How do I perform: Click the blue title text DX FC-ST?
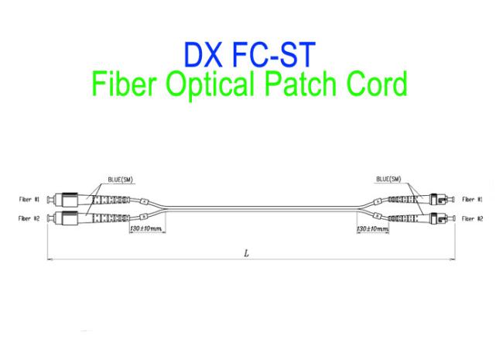250,54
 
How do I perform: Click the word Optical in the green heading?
210,84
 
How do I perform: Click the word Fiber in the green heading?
124,84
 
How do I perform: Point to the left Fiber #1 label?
29,200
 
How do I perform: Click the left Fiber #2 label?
29,218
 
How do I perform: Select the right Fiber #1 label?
472,200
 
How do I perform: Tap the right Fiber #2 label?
472,219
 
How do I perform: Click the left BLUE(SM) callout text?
120,180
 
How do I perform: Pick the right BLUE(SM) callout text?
388,179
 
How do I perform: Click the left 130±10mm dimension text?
146,228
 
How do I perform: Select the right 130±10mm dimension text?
372,228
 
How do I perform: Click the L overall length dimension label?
246,253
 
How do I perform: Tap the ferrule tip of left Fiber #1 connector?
48,200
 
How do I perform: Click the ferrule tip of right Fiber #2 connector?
453,219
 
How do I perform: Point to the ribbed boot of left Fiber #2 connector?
111,218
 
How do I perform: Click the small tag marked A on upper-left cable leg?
145,201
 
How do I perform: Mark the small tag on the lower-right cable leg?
378,216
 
